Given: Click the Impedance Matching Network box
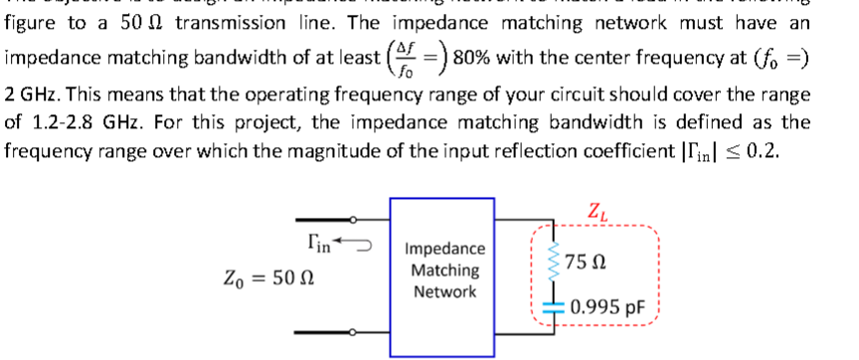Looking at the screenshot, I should (x=445, y=269).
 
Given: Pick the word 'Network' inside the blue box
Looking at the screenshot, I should (x=445, y=291).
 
